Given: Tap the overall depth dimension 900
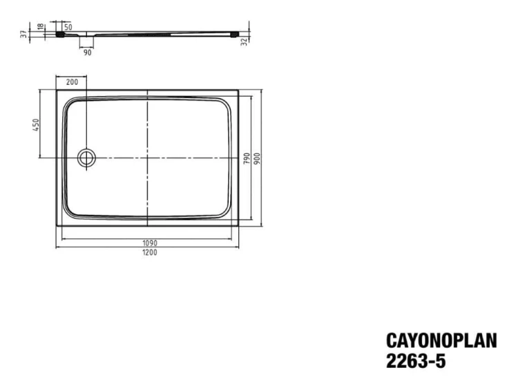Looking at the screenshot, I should (x=257, y=157).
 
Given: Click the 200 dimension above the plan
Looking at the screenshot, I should (x=72, y=81).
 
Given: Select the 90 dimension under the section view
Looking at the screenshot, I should (x=87, y=51).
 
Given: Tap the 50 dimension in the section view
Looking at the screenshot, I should (x=68, y=26).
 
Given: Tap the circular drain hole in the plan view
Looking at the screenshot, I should (x=87, y=157).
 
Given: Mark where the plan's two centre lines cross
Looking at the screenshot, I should (x=148, y=157).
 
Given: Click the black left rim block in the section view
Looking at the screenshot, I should (x=68, y=32).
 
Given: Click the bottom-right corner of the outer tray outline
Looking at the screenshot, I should (x=240, y=226).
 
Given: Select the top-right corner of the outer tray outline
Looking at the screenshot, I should (x=240, y=89).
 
